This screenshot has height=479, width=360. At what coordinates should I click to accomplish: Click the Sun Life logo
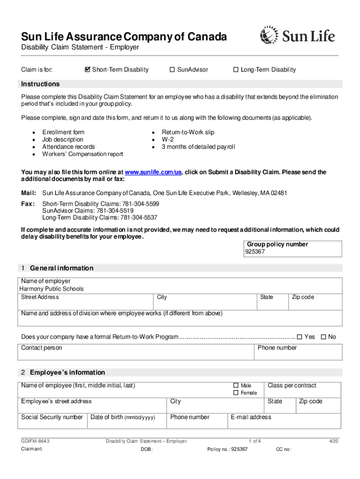pyautogui.click(x=297, y=36)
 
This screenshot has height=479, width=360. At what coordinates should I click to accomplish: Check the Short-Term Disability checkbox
pyautogui.click(x=87, y=70)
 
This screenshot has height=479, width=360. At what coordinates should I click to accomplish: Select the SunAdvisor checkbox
pyautogui.click(x=172, y=70)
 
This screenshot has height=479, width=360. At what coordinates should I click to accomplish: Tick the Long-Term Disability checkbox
pyautogui.click(x=236, y=70)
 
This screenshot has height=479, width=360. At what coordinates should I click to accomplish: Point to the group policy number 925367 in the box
pyautogui.click(x=255, y=252)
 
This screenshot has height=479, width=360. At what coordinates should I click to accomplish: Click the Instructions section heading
pyautogui.click(x=40, y=84)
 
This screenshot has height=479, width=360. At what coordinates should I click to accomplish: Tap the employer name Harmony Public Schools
pyautogui.click(x=51, y=289)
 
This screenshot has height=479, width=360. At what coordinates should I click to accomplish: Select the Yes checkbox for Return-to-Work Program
pyautogui.click(x=300, y=337)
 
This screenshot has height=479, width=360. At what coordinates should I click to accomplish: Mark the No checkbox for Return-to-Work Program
pyautogui.click(x=323, y=337)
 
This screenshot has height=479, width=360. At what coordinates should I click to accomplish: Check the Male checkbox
pyautogui.click(x=236, y=385)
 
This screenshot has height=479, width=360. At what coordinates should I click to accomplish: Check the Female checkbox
pyautogui.click(x=236, y=393)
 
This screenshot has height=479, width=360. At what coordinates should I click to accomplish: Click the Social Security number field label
pyautogui.click(x=52, y=417)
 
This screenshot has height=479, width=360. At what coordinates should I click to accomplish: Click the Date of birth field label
pyautogui.click(x=122, y=417)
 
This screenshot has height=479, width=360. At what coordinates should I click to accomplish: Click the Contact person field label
pyautogui.click(x=41, y=348)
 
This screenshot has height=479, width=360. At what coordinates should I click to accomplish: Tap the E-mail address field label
pyautogui.click(x=251, y=417)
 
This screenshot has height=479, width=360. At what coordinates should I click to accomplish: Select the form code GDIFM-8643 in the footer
pyautogui.click(x=36, y=441)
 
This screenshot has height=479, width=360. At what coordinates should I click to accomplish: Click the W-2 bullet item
pyautogui.click(x=168, y=139)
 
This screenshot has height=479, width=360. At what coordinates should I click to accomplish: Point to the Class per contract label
pyautogui.click(x=292, y=385)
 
